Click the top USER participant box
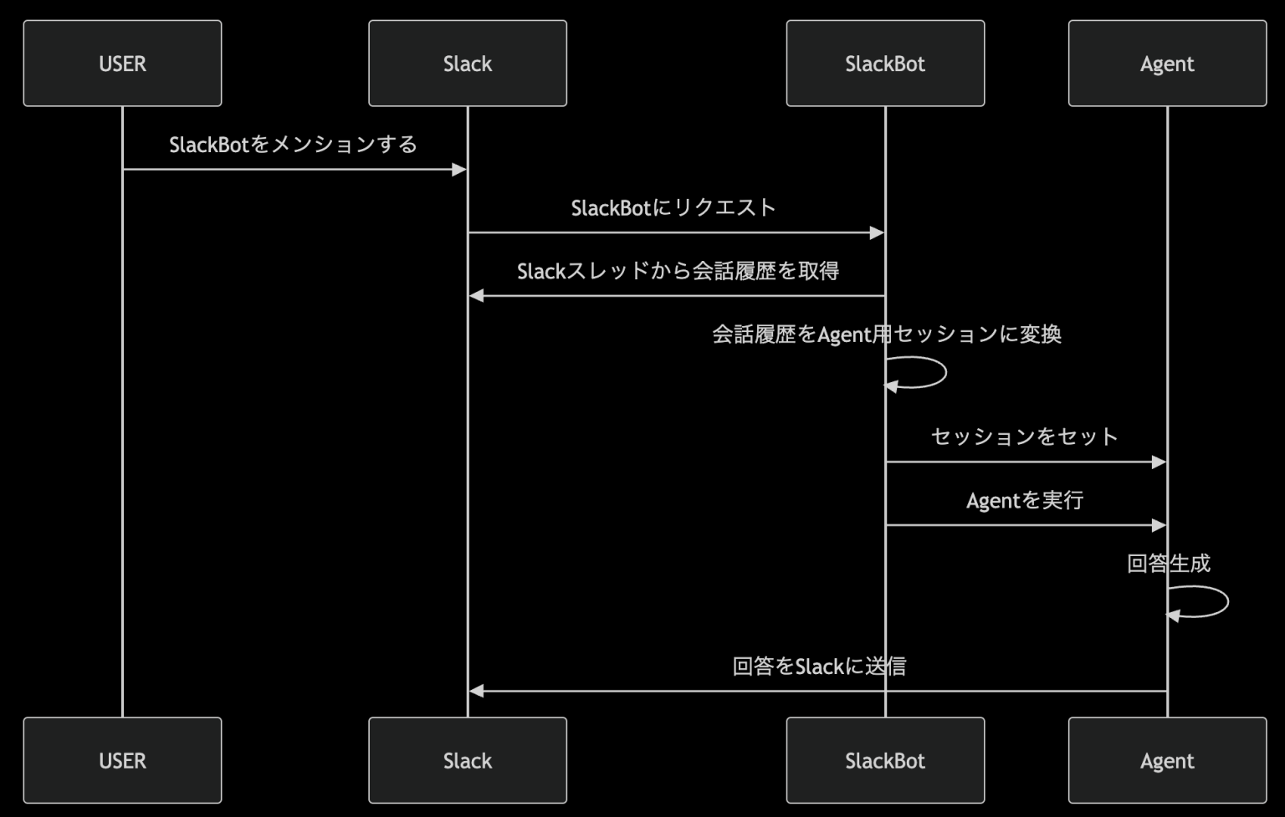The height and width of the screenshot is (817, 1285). tap(122, 64)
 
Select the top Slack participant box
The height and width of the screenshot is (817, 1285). tap(468, 64)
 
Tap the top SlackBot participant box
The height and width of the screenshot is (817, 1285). tap(885, 64)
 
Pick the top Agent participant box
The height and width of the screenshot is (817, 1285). tap(1167, 64)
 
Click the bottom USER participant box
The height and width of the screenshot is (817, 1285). tap(122, 760)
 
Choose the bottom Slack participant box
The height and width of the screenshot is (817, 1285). tap(468, 760)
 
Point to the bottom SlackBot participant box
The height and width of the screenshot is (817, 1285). tap(885, 760)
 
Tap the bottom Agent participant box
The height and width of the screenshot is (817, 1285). tap(1167, 760)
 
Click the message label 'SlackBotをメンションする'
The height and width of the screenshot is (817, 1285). tap(293, 145)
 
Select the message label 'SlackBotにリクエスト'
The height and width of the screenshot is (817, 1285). tap(673, 208)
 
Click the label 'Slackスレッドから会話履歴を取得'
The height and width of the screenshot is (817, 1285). tap(678, 271)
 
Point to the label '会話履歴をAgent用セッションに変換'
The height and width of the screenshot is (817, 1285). tap(886, 334)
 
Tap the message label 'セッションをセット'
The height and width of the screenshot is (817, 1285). tap(1025, 437)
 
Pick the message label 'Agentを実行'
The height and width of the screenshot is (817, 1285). tap(1025, 500)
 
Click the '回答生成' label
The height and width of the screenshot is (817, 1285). tap(1168, 564)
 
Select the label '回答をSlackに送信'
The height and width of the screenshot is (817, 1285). tap(818, 666)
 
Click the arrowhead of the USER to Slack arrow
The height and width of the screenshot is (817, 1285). tap(458, 170)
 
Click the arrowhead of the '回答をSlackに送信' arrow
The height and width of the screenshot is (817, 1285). tap(477, 692)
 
